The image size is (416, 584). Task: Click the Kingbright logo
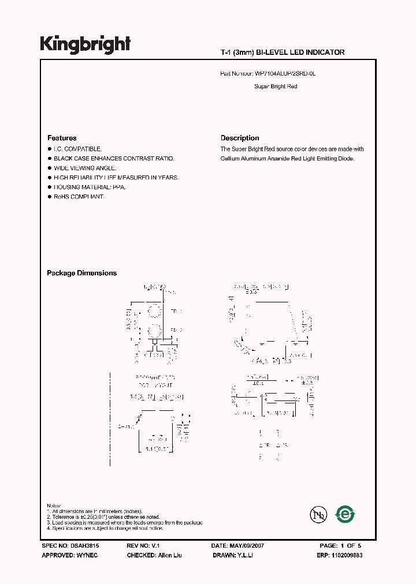85,44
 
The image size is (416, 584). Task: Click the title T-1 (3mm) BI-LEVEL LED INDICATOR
283,53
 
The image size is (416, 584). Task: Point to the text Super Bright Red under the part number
276,87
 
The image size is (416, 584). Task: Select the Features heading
62,138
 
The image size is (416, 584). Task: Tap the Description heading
240,138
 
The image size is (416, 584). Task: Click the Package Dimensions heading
81,273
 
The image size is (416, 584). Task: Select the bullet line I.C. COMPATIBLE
77,149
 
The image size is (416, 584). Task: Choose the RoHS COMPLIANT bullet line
79,197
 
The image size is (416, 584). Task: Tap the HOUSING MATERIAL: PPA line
90,188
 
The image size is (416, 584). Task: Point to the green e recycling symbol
346,514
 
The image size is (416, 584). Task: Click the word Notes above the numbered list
54,506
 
